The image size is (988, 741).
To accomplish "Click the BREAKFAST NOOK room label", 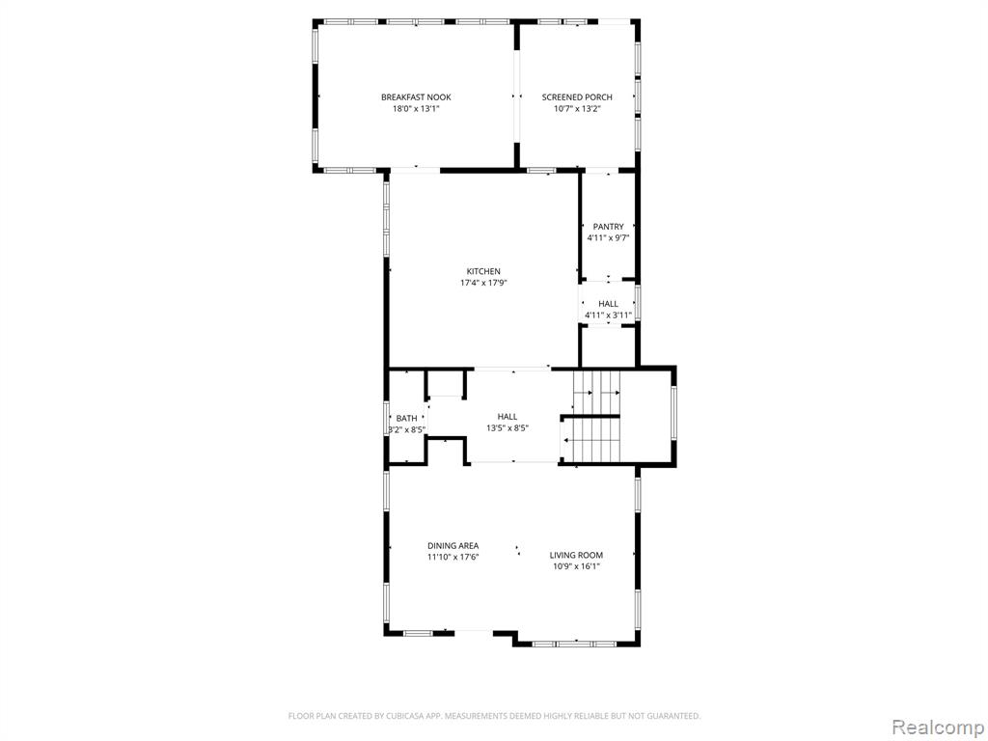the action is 416,97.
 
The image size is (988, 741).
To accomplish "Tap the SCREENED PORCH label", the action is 577,97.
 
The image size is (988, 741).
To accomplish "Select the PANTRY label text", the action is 608,227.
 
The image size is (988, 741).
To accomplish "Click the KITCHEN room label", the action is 483,271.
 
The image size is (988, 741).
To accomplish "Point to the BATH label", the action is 406,419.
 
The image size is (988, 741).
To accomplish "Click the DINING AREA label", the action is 453,546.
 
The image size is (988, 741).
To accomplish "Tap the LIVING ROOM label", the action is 576,555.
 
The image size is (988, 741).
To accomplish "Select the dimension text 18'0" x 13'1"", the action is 416,108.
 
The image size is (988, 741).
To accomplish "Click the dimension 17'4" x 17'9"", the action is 483,283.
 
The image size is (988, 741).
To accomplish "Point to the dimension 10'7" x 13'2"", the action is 577,108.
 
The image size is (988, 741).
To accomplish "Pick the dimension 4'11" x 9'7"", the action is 608,238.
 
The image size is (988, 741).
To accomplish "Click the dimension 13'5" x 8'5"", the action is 508,427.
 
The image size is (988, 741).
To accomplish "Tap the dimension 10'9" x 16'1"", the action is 576,566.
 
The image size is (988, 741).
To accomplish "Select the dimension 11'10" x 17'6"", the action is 453,557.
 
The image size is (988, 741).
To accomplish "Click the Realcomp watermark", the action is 936,727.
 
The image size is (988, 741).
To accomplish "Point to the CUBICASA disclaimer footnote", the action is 494,716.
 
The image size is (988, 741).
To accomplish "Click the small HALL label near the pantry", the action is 608,304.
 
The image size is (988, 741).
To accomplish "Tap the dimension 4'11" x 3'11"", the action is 608,316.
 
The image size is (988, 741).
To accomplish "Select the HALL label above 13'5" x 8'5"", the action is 508,417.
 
